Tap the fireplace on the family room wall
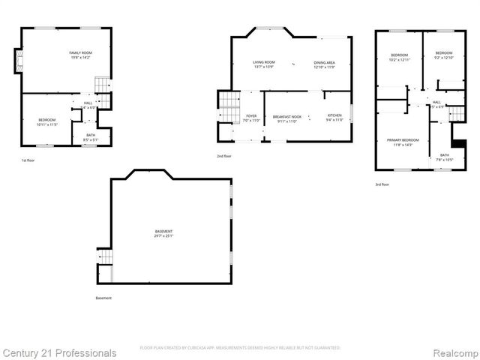click(18, 59)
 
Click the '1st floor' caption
click(28, 160)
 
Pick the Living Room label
click(263, 64)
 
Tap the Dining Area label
click(324, 64)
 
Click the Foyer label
click(251, 118)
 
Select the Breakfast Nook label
click(287, 118)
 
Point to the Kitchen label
click(334, 118)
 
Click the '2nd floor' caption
click(225, 155)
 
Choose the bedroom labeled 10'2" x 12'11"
click(399, 56)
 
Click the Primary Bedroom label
click(403, 142)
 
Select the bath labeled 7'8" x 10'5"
click(444, 157)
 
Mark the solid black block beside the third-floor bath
click(454, 142)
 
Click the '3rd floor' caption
click(382, 184)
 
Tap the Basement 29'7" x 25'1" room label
click(163, 233)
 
